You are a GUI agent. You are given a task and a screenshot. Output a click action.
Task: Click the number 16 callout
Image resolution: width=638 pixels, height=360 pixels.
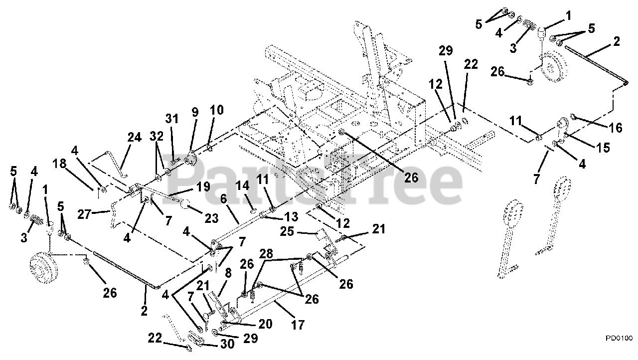[x=615, y=128]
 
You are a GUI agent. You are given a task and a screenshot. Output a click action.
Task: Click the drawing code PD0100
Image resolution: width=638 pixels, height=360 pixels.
[x=619, y=338]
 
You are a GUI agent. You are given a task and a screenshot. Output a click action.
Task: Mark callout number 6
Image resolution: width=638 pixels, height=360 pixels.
[x=223, y=198]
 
